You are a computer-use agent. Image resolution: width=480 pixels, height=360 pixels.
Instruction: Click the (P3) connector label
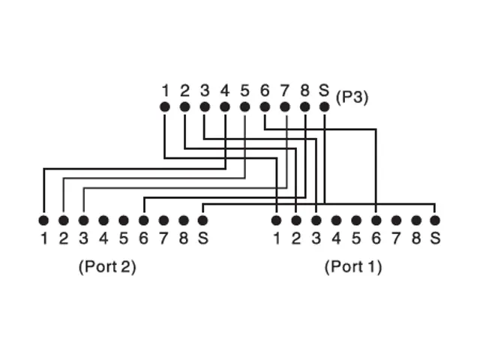point(352,97)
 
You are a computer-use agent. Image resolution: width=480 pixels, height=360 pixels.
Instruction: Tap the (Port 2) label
point(107,266)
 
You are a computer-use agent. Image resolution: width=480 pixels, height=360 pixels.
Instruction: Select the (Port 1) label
point(352,266)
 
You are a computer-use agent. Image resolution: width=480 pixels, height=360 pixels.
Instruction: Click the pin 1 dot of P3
point(165,107)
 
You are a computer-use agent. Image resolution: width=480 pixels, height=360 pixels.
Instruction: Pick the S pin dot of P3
point(324,107)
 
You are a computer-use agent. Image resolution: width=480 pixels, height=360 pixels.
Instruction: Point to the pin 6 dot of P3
point(265,107)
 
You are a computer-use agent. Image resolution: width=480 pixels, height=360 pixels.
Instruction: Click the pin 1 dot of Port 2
point(43,220)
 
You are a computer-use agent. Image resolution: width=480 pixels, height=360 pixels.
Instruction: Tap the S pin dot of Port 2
point(202,220)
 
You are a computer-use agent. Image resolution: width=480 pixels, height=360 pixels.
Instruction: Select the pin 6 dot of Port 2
point(143,220)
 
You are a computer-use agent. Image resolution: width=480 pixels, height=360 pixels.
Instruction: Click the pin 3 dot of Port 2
point(83,220)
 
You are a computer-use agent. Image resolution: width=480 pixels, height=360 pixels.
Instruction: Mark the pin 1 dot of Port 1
point(277,220)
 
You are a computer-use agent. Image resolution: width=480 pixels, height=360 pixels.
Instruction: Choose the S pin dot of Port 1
point(435,220)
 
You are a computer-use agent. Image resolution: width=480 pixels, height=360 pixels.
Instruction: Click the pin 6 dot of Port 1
point(376,220)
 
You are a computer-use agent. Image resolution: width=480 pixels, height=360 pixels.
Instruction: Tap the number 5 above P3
point(244,91)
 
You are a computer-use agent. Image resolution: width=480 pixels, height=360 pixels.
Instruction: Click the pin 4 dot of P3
point(225,107)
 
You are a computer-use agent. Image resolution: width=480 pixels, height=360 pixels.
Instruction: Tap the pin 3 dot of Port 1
point(316,220)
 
